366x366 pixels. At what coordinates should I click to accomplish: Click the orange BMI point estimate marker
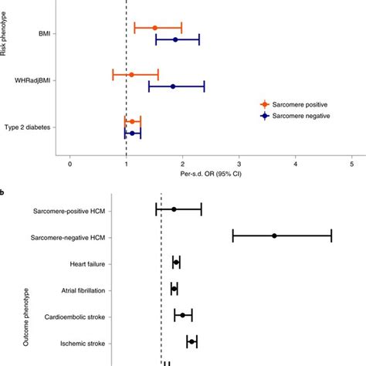(154, 28)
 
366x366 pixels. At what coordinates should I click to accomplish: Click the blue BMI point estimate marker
(175, 39)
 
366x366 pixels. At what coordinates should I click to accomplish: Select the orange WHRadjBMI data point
(131, 75)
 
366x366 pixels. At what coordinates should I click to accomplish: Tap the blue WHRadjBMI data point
(173, 86)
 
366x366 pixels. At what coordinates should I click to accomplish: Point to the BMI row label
(46, 33)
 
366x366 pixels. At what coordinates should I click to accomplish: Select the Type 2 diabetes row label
(29, 127)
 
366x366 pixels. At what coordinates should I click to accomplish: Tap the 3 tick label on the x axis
(239, 163)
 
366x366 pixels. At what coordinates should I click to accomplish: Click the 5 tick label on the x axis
(352, 163)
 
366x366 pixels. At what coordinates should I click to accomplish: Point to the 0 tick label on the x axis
(70, 163)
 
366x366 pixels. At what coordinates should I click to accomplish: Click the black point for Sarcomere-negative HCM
(274, 236)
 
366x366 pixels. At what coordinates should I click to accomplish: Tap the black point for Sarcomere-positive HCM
(174, 209)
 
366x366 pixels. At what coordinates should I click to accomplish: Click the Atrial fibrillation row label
(78, 290)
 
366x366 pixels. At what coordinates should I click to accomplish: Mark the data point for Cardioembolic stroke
(183, 315)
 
